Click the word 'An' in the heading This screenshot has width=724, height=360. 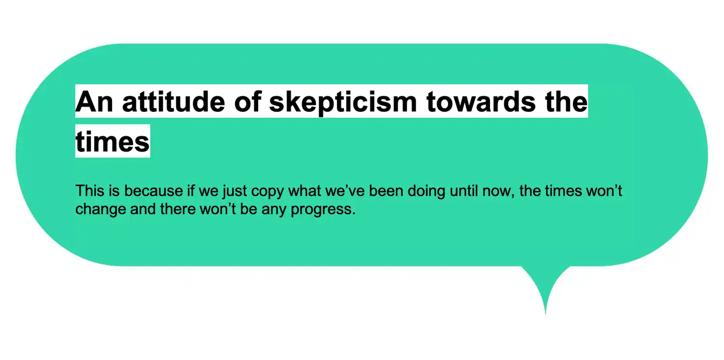94,102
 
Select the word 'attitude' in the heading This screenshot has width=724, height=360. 174,102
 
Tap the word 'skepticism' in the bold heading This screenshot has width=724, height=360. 343,103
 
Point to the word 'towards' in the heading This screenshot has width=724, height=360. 481,102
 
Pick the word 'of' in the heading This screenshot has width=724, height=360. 248,102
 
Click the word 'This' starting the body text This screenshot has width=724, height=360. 90,191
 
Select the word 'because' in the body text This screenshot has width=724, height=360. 153,191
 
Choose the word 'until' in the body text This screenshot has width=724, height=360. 464,191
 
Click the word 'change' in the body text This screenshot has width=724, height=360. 101,210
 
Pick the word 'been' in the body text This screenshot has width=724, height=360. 386,191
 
